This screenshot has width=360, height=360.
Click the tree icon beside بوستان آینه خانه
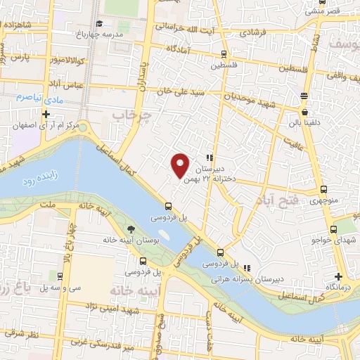[x=131, y=229]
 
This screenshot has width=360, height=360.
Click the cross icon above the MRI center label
[x=46, y=114]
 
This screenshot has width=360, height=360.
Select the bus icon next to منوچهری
[x=323, y=189]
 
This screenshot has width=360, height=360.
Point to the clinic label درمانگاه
[x=340, y=288]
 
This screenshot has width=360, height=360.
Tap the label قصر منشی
[x=324, y=11]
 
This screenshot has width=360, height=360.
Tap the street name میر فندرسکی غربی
[x=105, y=345]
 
